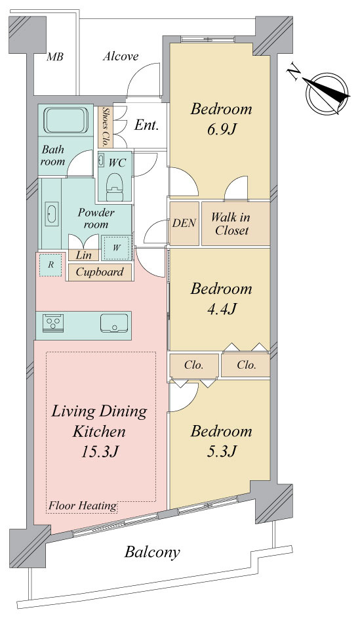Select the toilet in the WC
(x=115, y=185)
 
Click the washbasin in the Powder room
(x=52, y=214)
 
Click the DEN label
(x=184, y=223)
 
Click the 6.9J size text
(x=222, y=129)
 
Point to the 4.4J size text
(x=222, y=309)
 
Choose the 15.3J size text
(x=100, y=451)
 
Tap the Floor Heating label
(x=83, y=505)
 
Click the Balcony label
(x=152, y=552)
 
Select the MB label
(x=55, y=57)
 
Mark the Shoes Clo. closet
(x=105, y=127)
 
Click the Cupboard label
(x=100, y=272)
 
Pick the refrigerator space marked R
(x=50, y=265)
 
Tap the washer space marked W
(x=117, y=248)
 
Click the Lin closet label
(x=83, y=255)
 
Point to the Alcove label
(x=121, y=56)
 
